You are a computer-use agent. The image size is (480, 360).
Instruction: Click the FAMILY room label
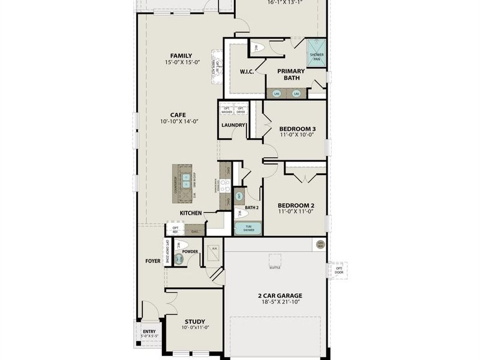click(x=181, y=56)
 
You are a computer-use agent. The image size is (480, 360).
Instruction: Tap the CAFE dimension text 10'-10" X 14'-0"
click(x=179, y=122)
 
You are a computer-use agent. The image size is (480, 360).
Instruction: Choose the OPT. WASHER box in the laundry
click(x=226, y=110)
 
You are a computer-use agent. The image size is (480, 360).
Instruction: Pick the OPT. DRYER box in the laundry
click(x=240, y=110)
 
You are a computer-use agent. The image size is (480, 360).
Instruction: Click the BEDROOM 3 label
click(x=298, y=129)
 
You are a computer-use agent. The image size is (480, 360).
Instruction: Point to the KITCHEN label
click(x=191, y=213)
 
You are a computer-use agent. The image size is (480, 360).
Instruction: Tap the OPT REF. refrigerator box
click(x=175, y=229)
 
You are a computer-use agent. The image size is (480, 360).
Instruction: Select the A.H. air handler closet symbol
click(x=214, y=251)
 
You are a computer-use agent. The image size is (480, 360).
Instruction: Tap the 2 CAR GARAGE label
click(x=280, y=295)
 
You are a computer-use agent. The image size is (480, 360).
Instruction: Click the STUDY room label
click(x=195, y=321)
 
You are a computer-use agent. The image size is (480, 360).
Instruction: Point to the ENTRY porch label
click(x=148, y=332)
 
